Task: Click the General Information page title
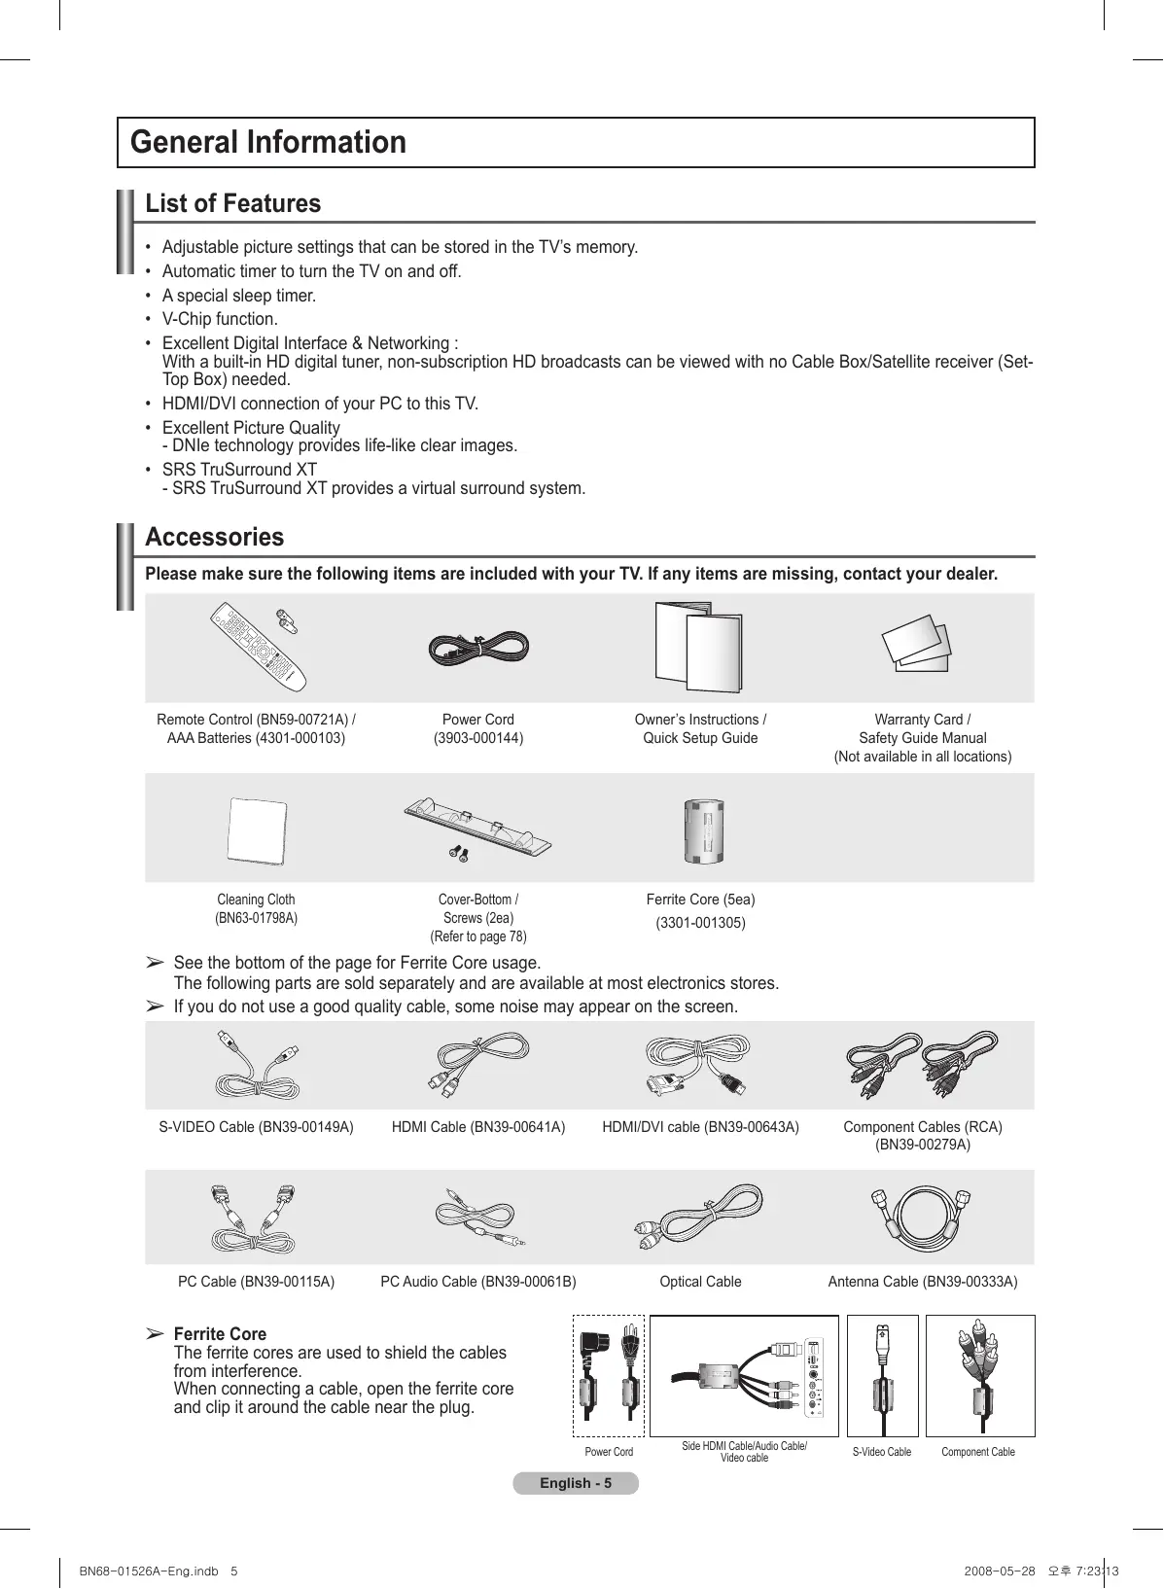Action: [268, 142]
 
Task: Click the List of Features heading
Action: [232, 203]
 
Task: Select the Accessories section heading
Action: [214, 537]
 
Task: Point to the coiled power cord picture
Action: [478, 648]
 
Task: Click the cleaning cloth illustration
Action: [256, 830]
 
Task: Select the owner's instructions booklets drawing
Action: [699, 646]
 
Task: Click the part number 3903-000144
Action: [478, 738]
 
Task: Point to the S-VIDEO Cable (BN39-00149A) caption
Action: [256, 1127]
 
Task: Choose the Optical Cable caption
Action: [700, 1282]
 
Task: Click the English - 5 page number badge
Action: [576, 1483]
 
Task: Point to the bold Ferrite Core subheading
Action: [220, 1334]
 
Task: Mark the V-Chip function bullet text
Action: [220, 319]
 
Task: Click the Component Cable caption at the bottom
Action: [977, 1452]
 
